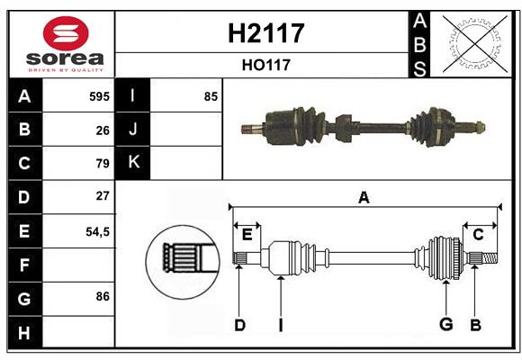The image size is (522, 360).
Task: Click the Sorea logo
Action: coord(62,44)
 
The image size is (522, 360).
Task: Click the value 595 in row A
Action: coord(99,96)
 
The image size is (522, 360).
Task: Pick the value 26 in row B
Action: coord(103,130)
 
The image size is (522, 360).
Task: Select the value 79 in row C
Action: coord(103,164)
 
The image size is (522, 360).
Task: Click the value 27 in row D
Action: coord(103,196)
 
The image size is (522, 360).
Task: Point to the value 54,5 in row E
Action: coord(97,231)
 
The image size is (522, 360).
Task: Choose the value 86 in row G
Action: coord(103,296)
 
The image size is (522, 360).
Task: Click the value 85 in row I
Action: coord(211,96)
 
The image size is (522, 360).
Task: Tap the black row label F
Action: coord(24,265)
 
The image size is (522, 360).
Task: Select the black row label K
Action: coord(133,163)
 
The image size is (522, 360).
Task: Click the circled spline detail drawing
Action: coord(183,260)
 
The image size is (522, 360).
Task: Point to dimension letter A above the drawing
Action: coord(364,197)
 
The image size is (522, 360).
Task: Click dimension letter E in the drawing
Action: coord(247,234)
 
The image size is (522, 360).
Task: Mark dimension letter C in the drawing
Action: coord(479,234)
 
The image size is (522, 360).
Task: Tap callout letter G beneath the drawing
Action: coord(445,324)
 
